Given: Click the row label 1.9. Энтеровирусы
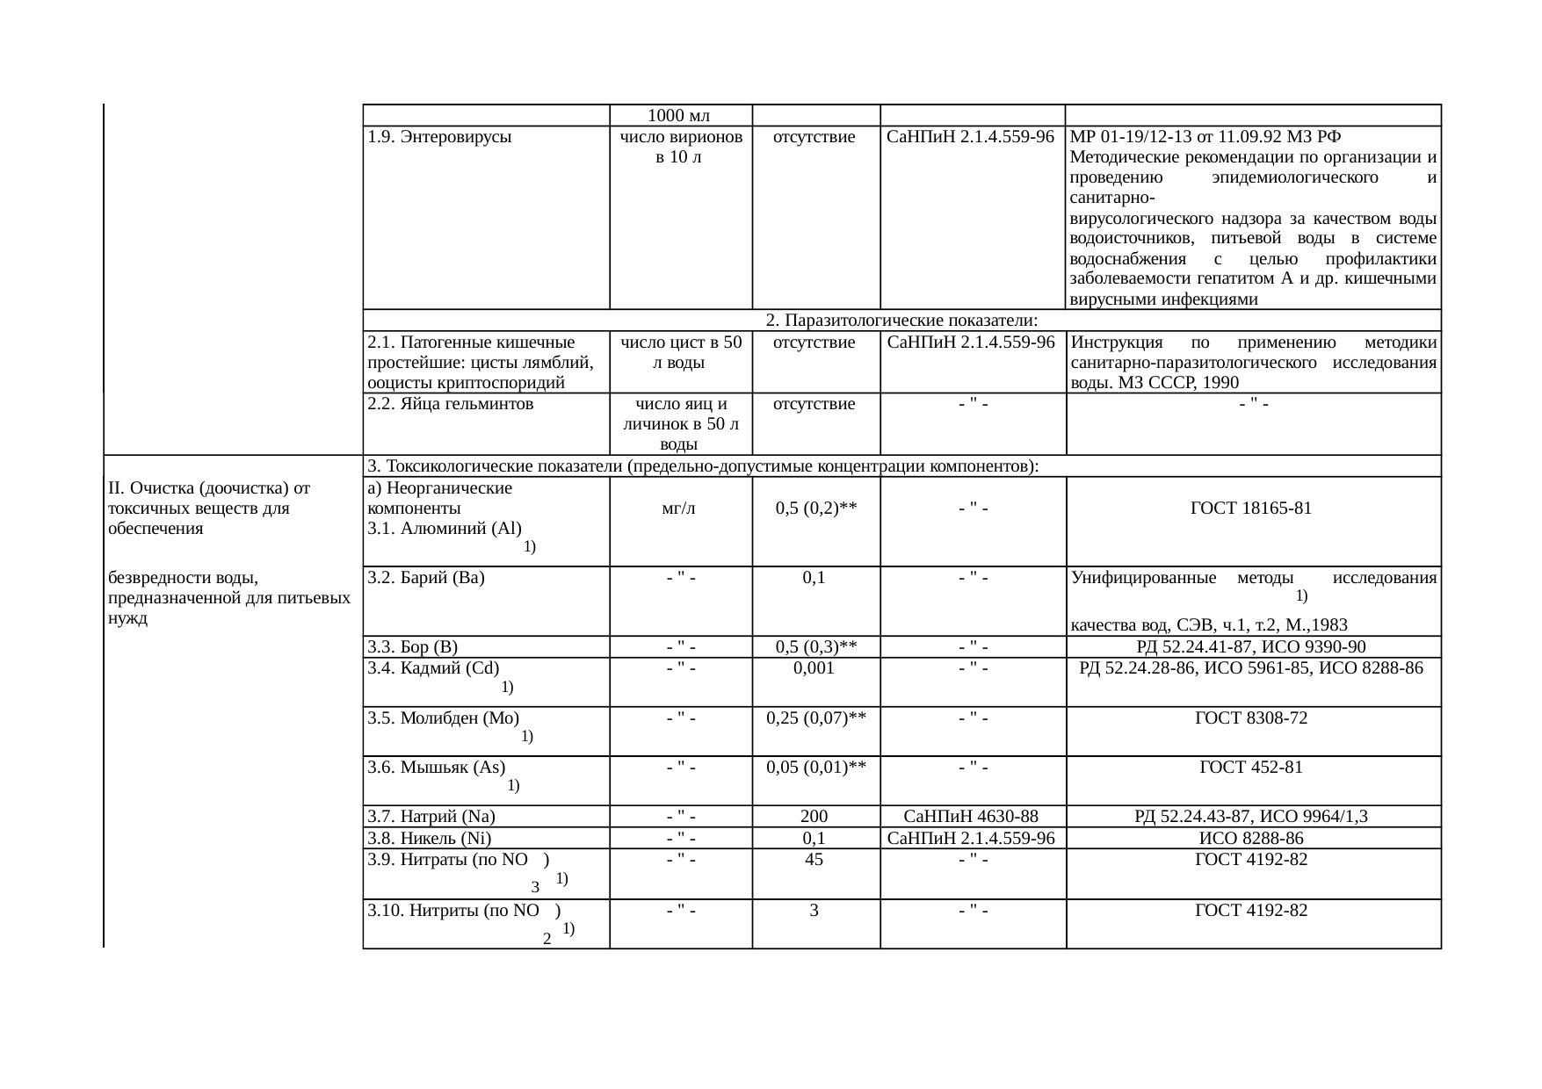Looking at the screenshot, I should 439,138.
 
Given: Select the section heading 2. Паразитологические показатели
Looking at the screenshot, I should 901,321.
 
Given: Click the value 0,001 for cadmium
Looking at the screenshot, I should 814,668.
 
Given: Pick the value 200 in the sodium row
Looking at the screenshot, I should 814,817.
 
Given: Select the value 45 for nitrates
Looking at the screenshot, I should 814,860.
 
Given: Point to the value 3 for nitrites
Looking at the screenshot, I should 814,911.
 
